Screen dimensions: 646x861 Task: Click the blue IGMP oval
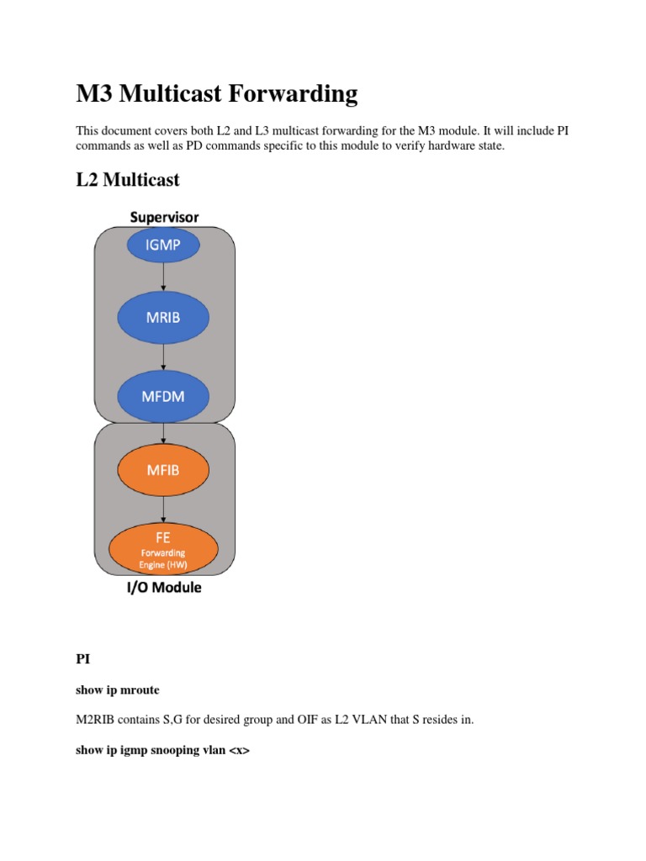(x=164, y=246)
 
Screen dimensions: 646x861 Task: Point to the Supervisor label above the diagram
(x=164, y=217)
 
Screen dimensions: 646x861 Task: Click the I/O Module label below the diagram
(x=164, y=588)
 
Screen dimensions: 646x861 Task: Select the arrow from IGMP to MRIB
(x=164, y=282)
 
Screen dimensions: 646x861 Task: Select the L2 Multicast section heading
(x=128, y=180)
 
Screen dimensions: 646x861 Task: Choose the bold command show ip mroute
(x=118, y=689)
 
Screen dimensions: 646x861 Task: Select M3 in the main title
(x=95, y=94)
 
